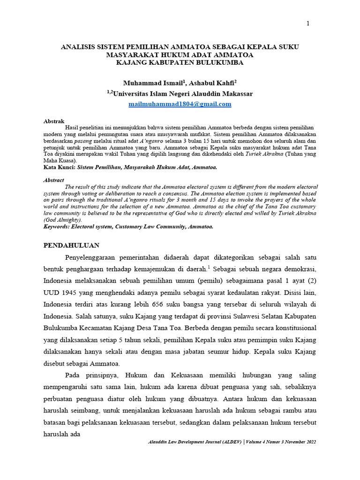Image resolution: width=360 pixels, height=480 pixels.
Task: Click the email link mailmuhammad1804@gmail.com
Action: (180, 104)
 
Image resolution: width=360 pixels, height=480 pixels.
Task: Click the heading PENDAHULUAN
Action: (71, 245)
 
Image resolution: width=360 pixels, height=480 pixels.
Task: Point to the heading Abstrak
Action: (53, 121)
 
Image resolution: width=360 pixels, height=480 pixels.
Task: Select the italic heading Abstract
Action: (54, 180)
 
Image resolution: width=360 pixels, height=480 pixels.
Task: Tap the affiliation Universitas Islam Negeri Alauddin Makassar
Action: (183, 94)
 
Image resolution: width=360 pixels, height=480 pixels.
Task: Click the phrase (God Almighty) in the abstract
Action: (62, 220)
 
